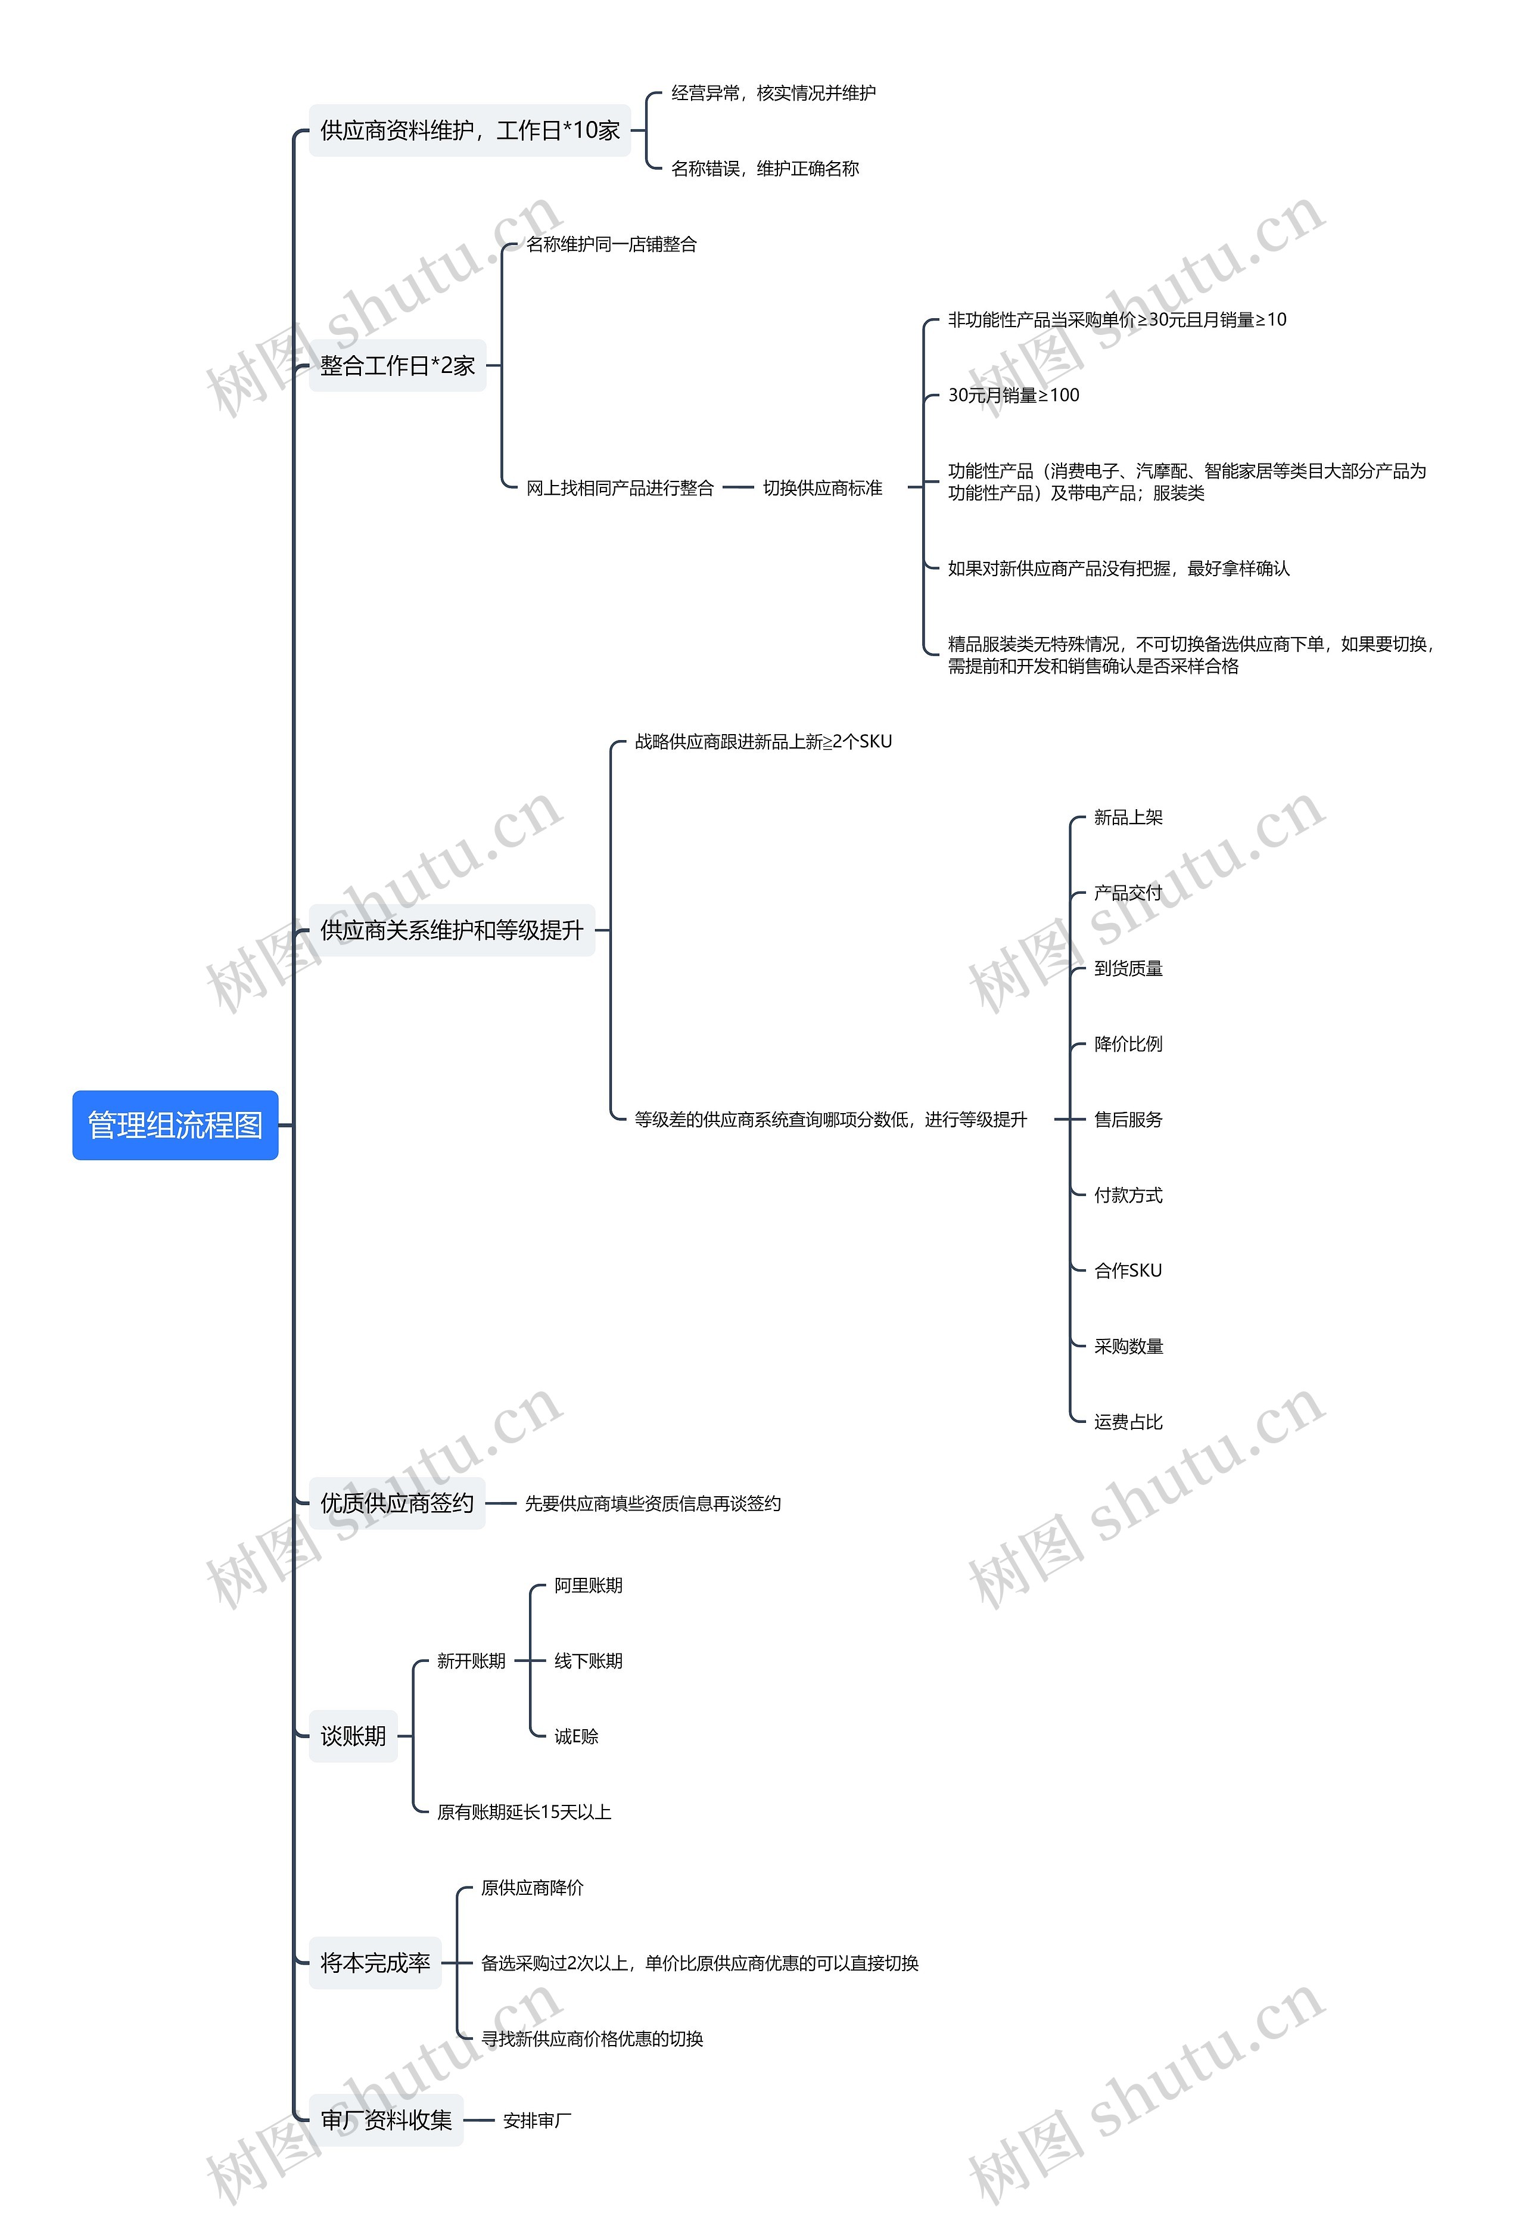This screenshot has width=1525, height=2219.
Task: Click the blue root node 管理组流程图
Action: pos(175,1125)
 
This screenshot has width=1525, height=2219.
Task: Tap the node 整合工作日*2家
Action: pos(397,365)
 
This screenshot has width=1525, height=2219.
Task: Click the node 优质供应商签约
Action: pos(397,1503)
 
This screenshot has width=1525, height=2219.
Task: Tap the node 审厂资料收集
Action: pos(386,2121)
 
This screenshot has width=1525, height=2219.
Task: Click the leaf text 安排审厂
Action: pos(537,2121)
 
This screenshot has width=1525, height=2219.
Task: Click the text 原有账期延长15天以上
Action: pos(524,1812)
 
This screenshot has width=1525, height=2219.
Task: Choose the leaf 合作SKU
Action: pos(1128,1271)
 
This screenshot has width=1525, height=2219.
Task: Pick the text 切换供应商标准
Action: pos(821,489)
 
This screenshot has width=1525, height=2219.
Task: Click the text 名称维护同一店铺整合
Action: pos(612,245)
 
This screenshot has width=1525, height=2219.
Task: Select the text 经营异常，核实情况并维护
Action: pos(773,93)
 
